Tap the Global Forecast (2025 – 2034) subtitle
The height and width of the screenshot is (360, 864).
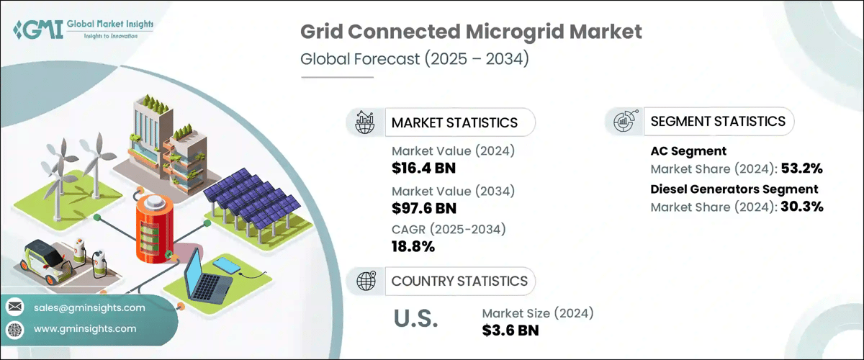tap(415, 59)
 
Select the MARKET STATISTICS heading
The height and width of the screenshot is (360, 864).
tap(454, 122)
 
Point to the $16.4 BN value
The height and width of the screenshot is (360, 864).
tap(424, 169)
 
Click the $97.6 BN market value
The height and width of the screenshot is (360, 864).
tap(424, 208)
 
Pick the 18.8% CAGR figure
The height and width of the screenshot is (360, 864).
tap(413, 246)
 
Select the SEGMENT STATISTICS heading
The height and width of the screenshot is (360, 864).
tap(717, 121)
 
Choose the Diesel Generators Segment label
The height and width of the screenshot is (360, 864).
tap(734, 189)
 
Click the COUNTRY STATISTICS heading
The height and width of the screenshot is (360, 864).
tap(459, 281)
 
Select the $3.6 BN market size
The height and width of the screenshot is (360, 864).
tap(510, 330)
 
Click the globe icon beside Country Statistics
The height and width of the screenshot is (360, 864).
tap(366, 281)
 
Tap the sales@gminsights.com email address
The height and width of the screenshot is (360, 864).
tap(89, 307)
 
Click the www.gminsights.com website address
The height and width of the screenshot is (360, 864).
tap(84, 328)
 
